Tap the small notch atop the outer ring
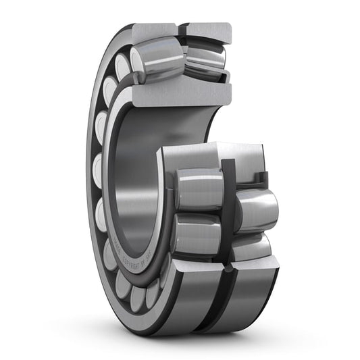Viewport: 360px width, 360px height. [182, 28]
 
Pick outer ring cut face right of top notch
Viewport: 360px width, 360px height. [209, 31]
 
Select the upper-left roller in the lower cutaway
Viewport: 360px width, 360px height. [199, 188]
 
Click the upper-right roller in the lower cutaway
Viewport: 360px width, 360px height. [255, 209]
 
